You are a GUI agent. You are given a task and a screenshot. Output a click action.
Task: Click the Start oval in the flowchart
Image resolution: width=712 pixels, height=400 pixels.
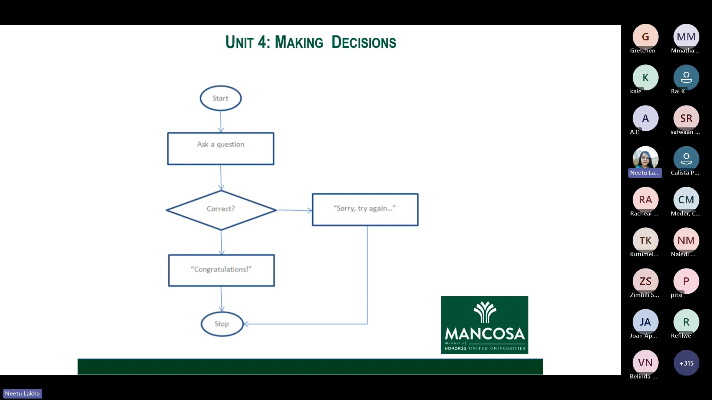(221, 98)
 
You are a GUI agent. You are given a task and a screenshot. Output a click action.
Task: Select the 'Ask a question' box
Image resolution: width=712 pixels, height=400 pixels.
(221, 149)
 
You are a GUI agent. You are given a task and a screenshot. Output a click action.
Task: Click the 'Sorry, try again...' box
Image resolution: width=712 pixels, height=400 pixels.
(365, 210)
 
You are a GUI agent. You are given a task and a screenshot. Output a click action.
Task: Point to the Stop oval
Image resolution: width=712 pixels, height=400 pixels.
(222, 324)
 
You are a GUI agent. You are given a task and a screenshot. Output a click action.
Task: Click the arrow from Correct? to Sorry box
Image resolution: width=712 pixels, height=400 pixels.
(294, 210)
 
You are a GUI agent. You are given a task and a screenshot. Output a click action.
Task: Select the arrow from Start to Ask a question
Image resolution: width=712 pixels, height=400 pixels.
(221, 121)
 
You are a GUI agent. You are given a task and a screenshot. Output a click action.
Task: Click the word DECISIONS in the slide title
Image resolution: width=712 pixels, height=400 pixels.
(363, 42)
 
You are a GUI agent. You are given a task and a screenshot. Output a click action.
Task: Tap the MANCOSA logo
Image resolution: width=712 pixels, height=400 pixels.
(484, 325)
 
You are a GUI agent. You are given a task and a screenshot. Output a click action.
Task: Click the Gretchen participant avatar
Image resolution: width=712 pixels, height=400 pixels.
(645, 37)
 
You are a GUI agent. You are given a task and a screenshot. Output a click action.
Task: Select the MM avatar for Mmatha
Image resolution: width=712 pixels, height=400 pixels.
(686, 37)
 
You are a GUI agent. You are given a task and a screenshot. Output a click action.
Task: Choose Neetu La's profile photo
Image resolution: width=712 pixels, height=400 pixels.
(645, 159)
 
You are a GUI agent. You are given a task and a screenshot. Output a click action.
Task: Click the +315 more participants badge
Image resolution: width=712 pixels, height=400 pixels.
(686, 363)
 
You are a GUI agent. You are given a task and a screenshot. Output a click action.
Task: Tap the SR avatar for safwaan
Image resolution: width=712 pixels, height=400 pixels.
(686, 118)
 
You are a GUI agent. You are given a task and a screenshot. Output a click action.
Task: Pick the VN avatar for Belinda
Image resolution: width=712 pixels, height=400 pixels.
(645, 363)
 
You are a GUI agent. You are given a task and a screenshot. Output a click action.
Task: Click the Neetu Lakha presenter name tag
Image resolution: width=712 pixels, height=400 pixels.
(22, 393)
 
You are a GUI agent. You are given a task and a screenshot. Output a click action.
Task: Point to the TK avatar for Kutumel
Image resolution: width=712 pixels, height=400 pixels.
(645, 240)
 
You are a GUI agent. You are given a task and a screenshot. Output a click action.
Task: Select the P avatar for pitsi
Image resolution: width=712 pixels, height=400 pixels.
(686, 281)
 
